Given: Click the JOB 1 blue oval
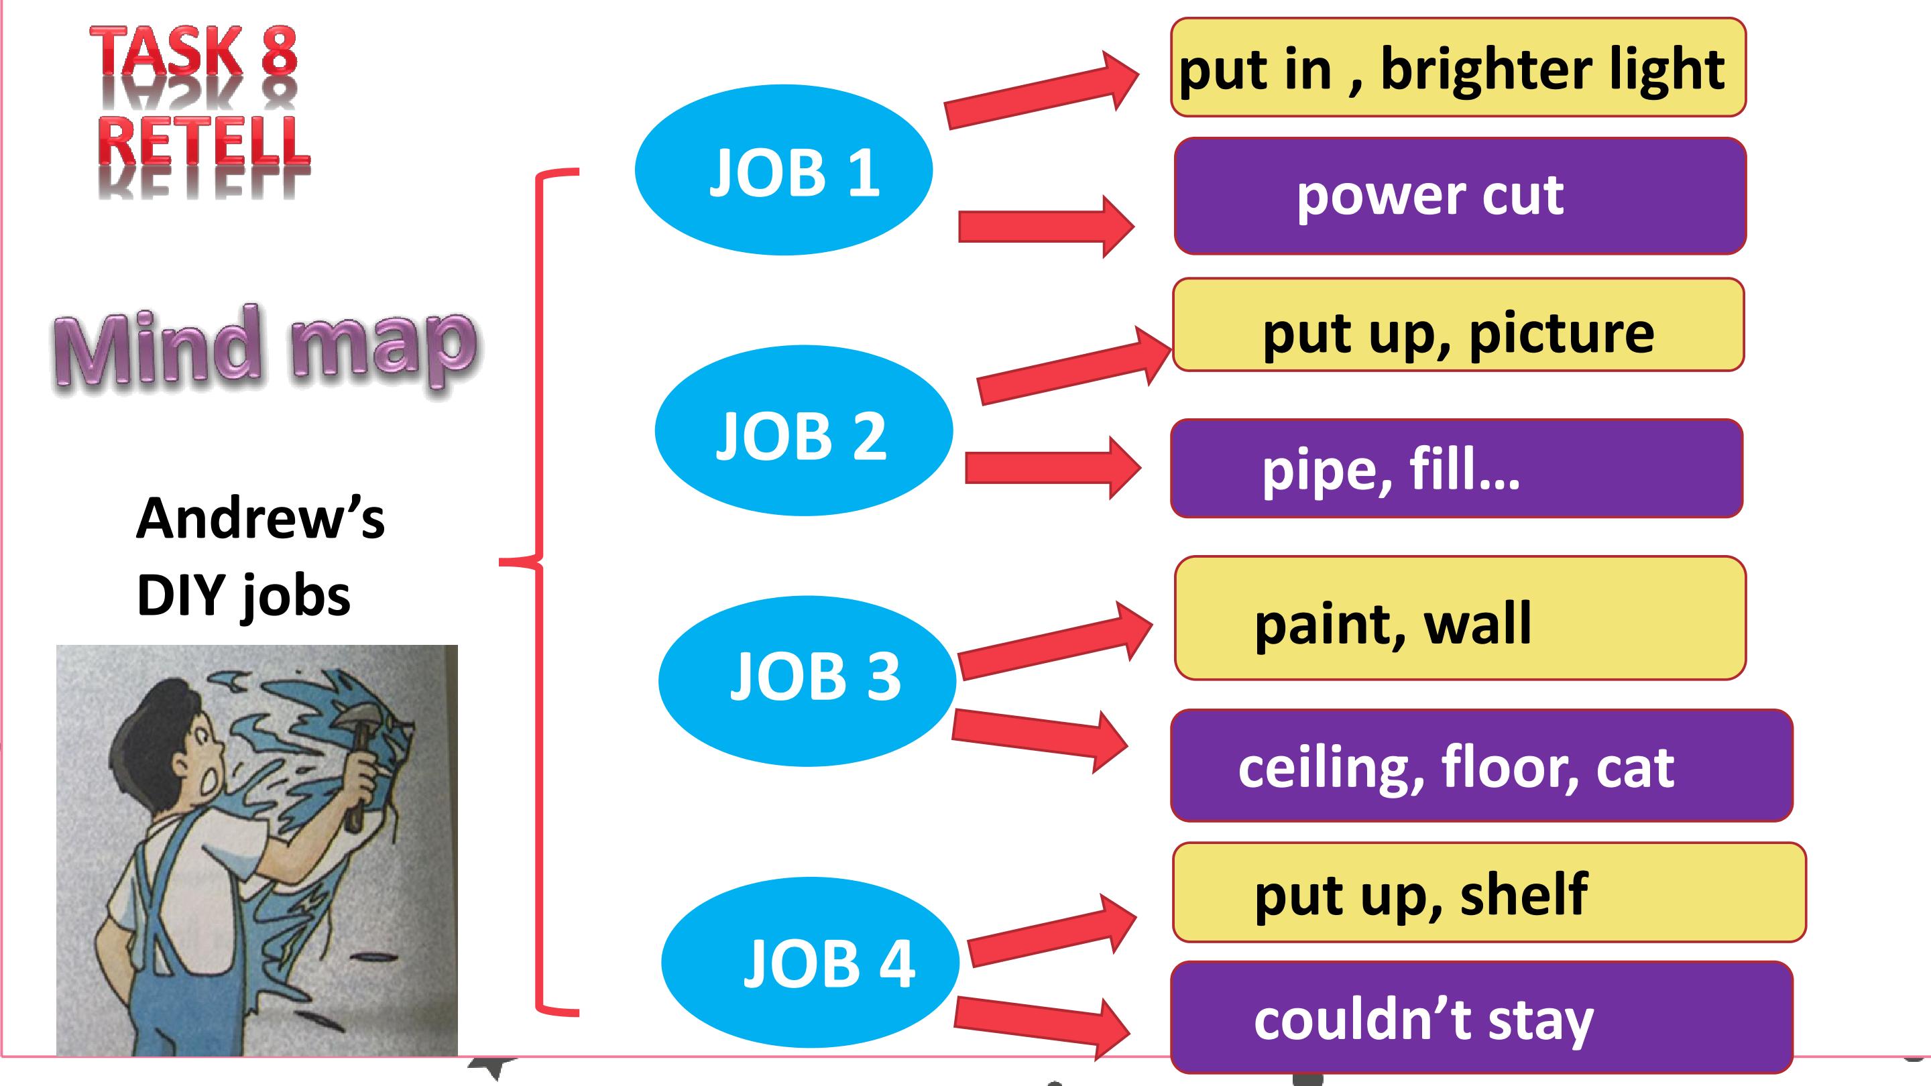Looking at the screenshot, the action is click(783, 170).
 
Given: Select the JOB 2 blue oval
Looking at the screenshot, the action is click(804, 430).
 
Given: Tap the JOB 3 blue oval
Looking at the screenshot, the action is click(807, 680).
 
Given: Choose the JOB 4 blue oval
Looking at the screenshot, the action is click(811, 963).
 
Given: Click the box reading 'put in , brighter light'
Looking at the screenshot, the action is click(1458, 68).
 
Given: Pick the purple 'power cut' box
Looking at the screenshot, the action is click(1460, 196).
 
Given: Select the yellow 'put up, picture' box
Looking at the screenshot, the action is click(1458, 324).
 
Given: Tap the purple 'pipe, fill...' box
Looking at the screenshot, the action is click(1456, 469).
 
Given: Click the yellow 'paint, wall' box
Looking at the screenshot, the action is click(1460, 618).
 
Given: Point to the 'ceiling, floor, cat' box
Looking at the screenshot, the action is click(1481, 765).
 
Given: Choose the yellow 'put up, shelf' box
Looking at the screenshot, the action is click(1489, 892).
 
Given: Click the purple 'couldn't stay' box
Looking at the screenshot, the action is click(1481, 1018).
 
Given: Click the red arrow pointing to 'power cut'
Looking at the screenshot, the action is click(1047, 227).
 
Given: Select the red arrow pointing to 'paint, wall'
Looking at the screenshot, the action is click(1055, 640).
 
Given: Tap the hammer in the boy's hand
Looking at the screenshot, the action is click(360, 757).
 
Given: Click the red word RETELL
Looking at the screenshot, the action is click(203, 141).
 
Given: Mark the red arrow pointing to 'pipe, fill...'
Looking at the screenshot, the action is click(1053, 469).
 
